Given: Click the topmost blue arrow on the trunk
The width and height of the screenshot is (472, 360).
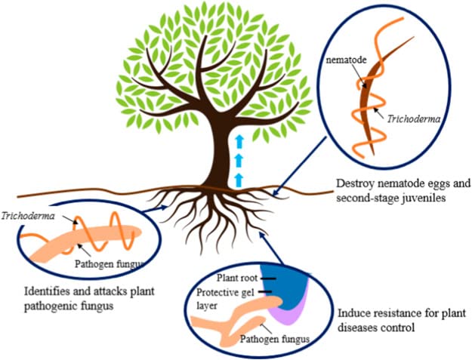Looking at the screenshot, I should point(239,140).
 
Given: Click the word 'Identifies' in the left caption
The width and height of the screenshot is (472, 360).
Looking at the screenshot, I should point(43,291).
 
